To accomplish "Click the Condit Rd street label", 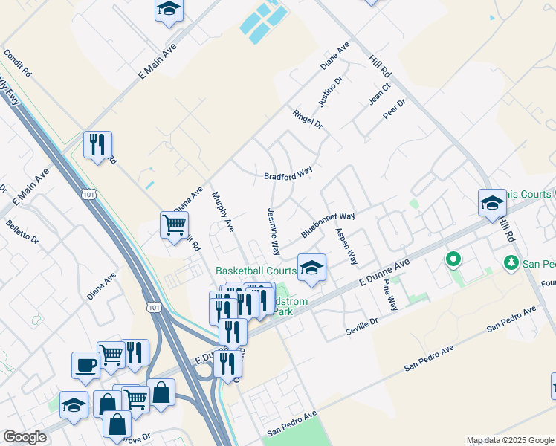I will coord(18,64).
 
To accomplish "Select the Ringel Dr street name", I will coord(308,119).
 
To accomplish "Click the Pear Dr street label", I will coord(394,109).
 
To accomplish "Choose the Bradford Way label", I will coord(288,173).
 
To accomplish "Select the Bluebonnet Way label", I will coord(328,225).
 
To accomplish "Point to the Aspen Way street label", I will coord(346,247).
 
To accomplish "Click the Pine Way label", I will coord(389,294).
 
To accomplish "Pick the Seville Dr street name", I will coord(362,326).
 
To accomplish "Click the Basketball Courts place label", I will coord(256,271).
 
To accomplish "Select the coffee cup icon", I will coord(85,365).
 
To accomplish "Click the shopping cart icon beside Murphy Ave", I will coord(174,224).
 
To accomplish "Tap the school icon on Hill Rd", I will coord(491,202).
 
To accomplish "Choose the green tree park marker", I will coord(511,262).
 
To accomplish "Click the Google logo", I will coord(25,437).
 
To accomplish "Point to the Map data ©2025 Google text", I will coord(510,440).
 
